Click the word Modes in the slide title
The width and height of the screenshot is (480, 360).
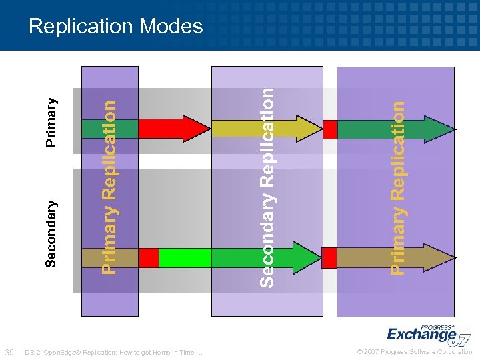click(173, 26)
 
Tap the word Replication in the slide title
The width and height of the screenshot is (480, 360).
click(85, 26)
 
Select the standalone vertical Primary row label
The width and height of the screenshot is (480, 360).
click(51, 122)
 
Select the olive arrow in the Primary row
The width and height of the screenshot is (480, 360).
click(267, 129)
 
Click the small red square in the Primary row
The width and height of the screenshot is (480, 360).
click(329, 129)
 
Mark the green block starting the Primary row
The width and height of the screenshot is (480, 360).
click(109, 129)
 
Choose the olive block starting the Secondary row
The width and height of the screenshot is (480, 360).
click(109, 257)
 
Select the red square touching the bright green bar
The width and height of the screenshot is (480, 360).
click(149, 257)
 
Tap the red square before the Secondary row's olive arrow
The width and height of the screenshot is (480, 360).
click(329, 257)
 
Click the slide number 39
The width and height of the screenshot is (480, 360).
click(9, 352)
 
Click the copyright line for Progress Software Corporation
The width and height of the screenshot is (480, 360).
click(415, 352)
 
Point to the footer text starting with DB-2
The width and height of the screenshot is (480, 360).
click(113, 352)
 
